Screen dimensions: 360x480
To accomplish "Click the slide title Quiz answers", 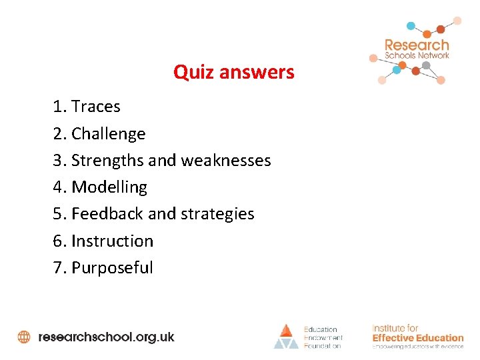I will click(x=233, y=72).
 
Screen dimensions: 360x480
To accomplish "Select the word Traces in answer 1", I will click(x=96, y=107).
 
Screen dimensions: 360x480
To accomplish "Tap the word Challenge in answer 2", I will click(x=108, y=134).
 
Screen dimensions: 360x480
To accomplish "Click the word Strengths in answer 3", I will click(x=107, y=161).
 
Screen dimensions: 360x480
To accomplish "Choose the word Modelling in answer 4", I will click(x=109, y=187).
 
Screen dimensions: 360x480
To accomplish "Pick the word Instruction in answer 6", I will click(x=112, y=241).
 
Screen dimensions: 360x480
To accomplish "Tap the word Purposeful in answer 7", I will click(x=112, y=268).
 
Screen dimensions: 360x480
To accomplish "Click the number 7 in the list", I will click(x=57, y=268).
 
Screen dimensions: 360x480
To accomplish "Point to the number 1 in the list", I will click(x=57, y=107).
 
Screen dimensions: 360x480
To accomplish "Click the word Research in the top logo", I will click(x=417, y=45).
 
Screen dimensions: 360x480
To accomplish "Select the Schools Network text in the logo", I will click(x=417, y=56).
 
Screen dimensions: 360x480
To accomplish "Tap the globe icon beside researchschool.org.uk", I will click(x=24, y=337).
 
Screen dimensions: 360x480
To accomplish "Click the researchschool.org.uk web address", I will click(x=107, y=337).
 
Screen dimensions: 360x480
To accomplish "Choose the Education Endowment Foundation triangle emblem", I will click(x=286, y=336).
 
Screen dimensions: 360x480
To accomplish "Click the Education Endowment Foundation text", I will click(x=323, y=337).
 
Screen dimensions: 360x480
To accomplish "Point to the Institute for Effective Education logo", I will click(x=417, y=337).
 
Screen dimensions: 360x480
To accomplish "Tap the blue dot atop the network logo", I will click(x=411, y=26).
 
